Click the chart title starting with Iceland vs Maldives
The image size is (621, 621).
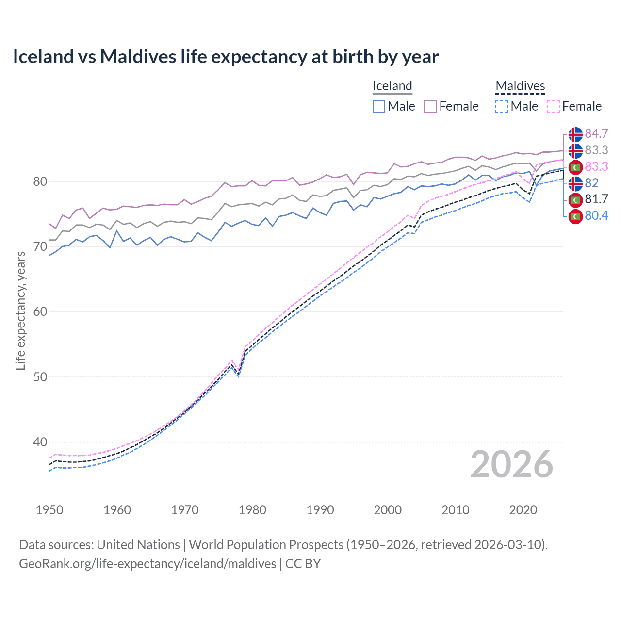226,57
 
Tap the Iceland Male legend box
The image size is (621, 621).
379,106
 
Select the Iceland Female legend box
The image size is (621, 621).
430,106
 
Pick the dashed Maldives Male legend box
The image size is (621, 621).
502,106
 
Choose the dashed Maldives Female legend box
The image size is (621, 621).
554,106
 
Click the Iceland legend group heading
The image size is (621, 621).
392,86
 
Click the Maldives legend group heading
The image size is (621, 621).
520,86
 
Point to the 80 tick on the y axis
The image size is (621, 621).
40,182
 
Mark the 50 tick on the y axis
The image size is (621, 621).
40,377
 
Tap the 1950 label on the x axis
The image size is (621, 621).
49,510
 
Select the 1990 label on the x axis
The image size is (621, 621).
320,510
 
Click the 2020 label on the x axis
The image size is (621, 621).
523,510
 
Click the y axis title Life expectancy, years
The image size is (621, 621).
20,310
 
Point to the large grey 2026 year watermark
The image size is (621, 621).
511,464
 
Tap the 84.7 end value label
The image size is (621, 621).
596,134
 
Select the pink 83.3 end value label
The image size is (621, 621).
596,167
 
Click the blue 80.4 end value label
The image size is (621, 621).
596,216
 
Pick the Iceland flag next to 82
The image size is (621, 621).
575,183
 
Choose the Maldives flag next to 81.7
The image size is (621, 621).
575,200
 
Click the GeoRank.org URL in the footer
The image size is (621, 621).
147,564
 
